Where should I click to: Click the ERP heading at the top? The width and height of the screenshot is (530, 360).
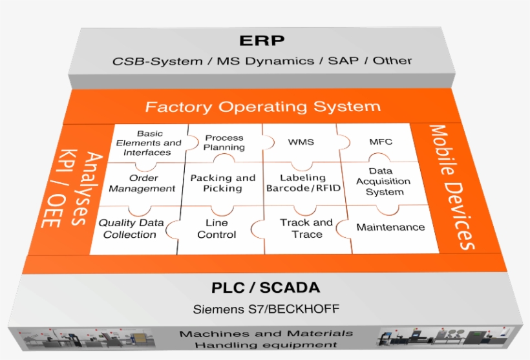(262, 41)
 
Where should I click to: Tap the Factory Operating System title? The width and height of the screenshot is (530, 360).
(262, 107)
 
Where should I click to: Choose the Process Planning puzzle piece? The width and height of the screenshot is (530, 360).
(224, 142)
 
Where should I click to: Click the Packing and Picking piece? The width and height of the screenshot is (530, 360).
(222, 183)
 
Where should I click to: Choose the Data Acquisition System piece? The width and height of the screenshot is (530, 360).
(385, 182)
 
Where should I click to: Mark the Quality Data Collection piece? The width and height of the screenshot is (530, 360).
(131, 228)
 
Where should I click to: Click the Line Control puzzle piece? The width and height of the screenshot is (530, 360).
(217, 228)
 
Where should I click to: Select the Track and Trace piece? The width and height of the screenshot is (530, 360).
(306, 228)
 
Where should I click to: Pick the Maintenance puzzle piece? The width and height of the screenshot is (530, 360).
(391, 227)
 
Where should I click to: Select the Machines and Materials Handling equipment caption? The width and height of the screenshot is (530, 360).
(266, 339)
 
